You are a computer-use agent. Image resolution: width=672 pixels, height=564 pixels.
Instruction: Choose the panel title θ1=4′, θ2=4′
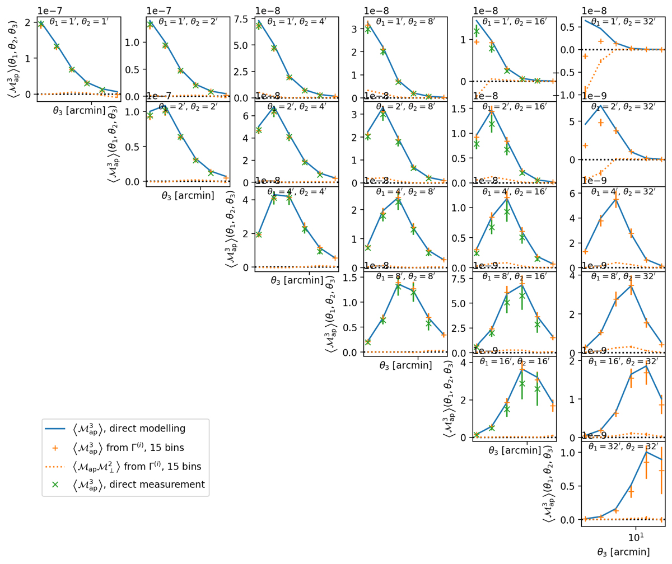(297, 191)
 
